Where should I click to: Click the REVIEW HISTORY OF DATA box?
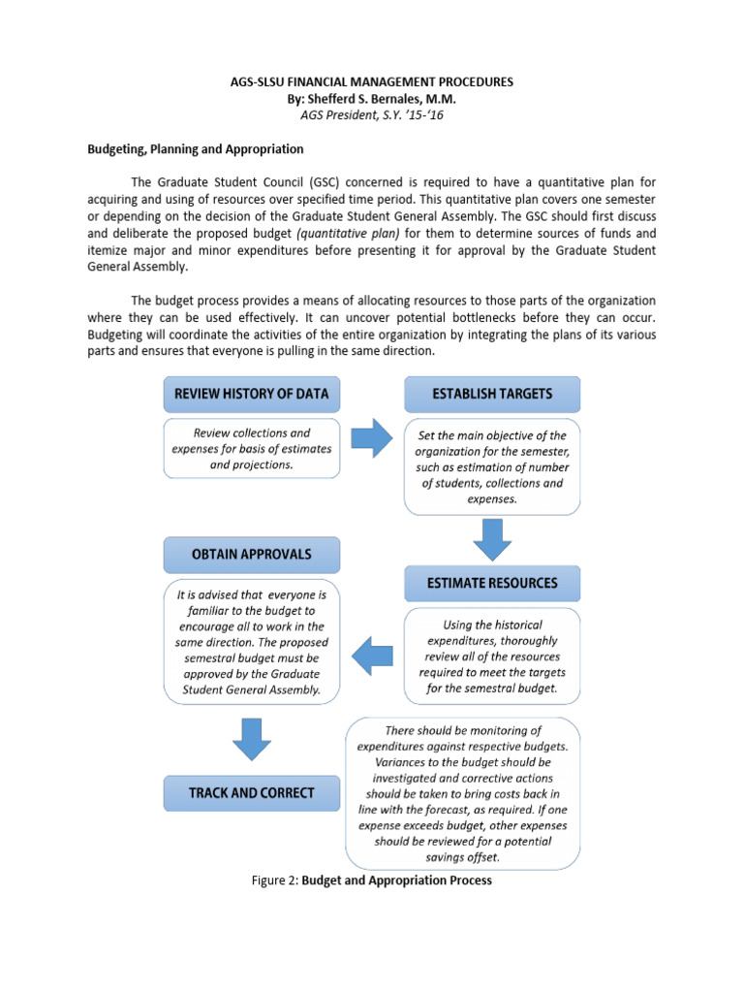click(251, 394)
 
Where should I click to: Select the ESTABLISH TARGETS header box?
click(491, 394)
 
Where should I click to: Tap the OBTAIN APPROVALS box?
click(251, 555)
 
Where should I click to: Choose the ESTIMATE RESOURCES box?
click(492, 583)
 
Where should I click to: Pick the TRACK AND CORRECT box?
click(251, 792)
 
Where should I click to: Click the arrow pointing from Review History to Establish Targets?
click(371, 439)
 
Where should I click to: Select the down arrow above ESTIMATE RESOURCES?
click(493, 538)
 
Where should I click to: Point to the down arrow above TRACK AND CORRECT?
click(251, 739)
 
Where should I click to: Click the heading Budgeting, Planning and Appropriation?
click(196, 149)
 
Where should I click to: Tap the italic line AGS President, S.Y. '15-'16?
click(372, 114)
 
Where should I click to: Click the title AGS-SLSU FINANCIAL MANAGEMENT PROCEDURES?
click(372, 82)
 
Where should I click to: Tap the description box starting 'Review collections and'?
click(251, 448)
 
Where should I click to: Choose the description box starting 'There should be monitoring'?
click(463, 793)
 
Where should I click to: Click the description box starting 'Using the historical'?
click(492, 657)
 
